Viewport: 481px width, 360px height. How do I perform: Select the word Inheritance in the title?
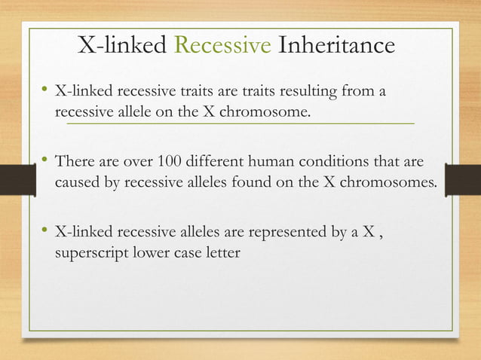tap(336, 46)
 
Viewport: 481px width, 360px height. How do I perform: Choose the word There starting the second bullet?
tap(75, 162)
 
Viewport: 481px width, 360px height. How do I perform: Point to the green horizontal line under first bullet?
tap(241, 122)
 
